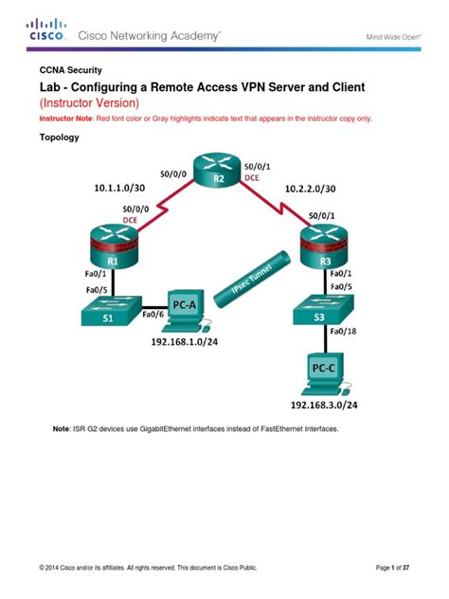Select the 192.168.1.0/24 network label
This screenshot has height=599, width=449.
(185, 345)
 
